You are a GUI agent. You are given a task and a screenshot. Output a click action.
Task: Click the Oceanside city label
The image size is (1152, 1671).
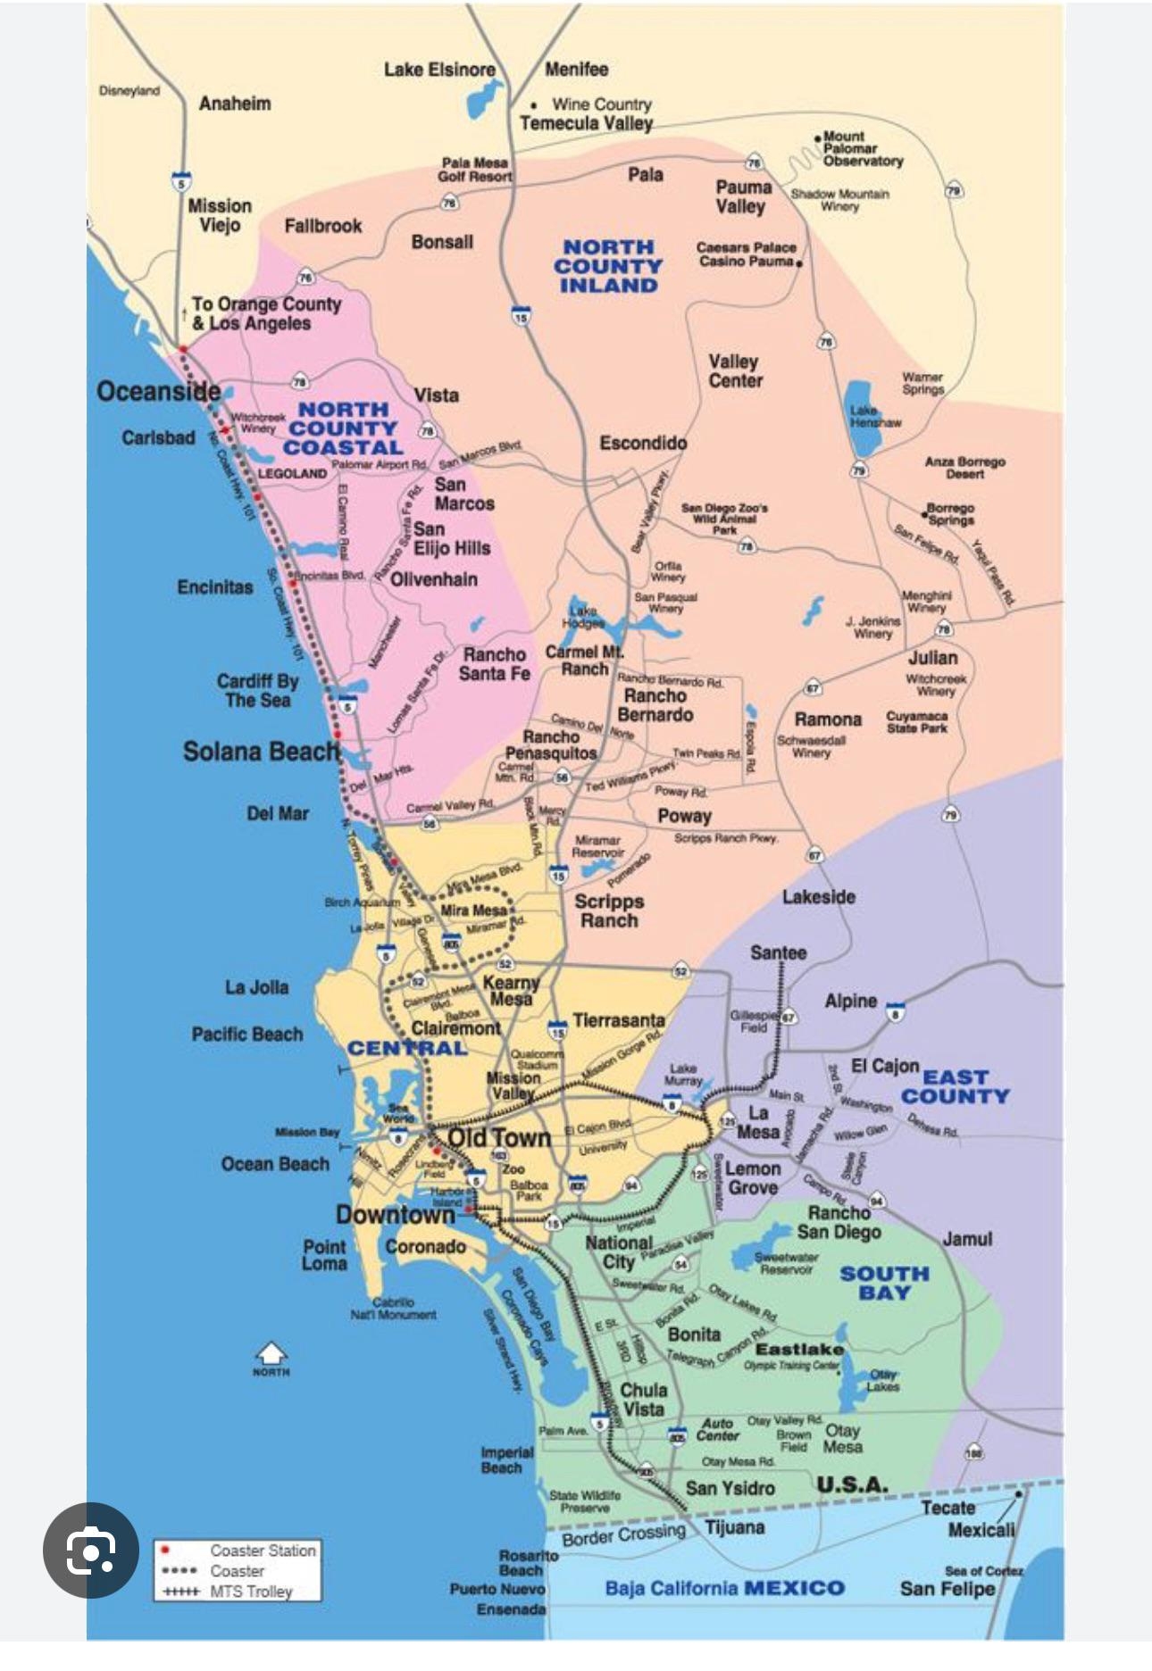[158, 391]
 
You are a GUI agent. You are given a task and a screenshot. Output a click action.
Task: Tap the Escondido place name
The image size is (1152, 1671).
[643, 443]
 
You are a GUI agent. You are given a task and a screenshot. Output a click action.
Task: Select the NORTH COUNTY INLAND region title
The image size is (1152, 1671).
[608, 266]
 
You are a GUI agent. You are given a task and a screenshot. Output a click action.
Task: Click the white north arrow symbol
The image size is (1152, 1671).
[271, 1355]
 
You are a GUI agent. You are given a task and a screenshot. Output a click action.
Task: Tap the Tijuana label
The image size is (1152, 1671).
[734, 1527]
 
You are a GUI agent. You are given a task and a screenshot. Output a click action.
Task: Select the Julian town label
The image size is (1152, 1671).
[932, 658]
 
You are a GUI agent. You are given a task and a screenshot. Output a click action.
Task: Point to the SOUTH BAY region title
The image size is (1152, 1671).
[884, 1283]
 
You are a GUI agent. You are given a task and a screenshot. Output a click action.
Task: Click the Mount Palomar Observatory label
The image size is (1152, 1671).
[862, 149]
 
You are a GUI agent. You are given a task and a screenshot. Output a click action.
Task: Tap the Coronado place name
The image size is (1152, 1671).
[425, 1246]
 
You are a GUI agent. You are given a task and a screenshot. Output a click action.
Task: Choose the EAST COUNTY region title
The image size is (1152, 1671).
[954, 1086]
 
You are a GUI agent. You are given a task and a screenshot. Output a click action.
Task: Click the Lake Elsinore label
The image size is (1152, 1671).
[439, 70]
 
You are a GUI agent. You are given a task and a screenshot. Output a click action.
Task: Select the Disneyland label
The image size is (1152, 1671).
[129, 90]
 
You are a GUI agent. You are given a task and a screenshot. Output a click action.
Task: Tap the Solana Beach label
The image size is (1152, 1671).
[261, 751]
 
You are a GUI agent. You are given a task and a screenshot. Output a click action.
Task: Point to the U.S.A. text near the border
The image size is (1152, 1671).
[852, 1484]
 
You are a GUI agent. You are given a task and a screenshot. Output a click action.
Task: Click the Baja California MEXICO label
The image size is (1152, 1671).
[724, 1588]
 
